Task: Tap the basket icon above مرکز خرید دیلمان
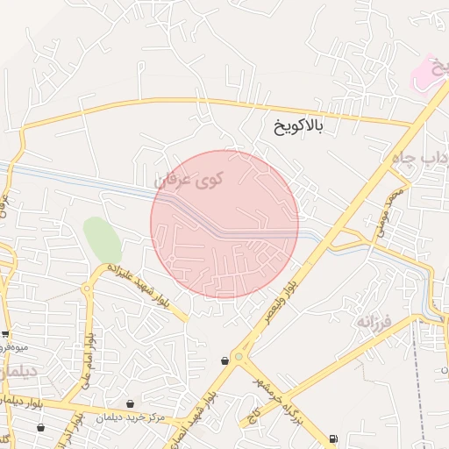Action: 131,404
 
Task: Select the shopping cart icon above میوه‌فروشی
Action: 6,334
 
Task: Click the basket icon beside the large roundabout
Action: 225,359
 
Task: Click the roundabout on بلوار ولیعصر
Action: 240,358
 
